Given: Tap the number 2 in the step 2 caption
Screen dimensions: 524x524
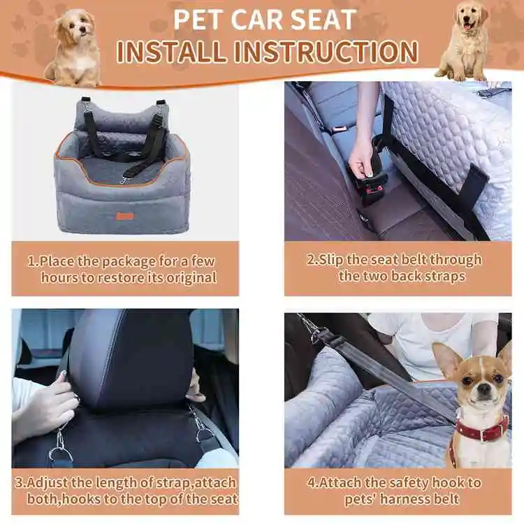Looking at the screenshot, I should [x=311, y=260].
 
